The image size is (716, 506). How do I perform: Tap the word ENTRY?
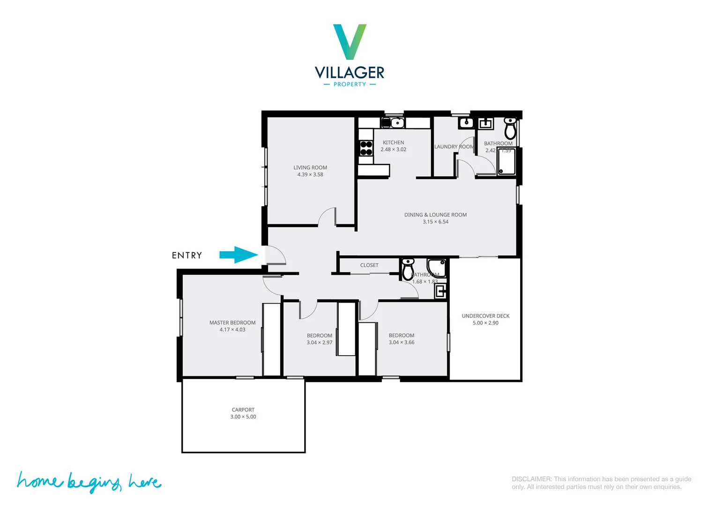pos(186,255)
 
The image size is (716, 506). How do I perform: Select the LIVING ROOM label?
pos(310,168)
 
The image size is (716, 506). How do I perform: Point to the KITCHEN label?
pos(393,142)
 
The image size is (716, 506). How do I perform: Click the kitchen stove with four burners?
pos(366,148)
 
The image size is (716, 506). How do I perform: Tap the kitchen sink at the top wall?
pos(397,123)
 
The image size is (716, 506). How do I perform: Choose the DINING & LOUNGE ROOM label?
pos(435,215)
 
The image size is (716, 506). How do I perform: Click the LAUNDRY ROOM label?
pos(454,147)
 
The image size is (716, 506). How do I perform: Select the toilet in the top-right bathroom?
pos(510,127)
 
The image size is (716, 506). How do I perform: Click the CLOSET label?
pos(369,265)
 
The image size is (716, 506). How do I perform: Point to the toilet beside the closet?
pos(408,269)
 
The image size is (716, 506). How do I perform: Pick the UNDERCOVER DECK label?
pos(485,316)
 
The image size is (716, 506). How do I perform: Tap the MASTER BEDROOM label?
pos(232,323)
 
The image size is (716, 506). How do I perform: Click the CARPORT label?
pos(243,410)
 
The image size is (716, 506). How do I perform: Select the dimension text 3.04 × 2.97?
pos(320,342)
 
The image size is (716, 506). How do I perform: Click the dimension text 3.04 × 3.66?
pos(402,342)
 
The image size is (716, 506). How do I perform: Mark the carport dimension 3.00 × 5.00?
pos(243,417)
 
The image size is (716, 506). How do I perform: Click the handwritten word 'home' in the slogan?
pos(39,481)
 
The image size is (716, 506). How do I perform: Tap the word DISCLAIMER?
pos(531,479)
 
